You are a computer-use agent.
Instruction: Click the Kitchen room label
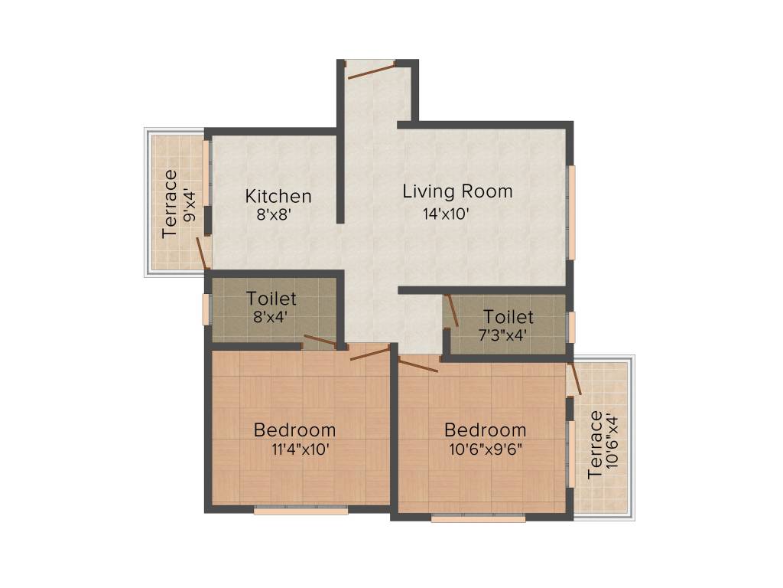[278, 196]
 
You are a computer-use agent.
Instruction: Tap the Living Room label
[457, 191]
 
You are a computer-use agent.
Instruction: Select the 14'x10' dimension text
[446, 214]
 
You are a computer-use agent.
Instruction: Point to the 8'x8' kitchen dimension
[274, 214]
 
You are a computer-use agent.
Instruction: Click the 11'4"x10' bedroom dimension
[300, 449]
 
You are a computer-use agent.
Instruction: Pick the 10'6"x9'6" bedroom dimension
[486, 449]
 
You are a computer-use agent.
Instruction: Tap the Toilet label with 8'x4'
[271, 299]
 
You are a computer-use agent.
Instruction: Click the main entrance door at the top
[372, 70]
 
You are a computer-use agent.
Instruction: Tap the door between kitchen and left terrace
[202, 253]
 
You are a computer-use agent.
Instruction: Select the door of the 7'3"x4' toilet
[451, 311]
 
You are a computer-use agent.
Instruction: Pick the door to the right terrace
[575, 378]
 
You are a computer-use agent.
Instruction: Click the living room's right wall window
[571, 212]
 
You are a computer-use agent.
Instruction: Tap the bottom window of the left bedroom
[301, 511]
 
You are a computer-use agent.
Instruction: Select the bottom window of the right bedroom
[478, 518]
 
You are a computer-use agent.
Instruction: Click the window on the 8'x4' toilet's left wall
[206, 309]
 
